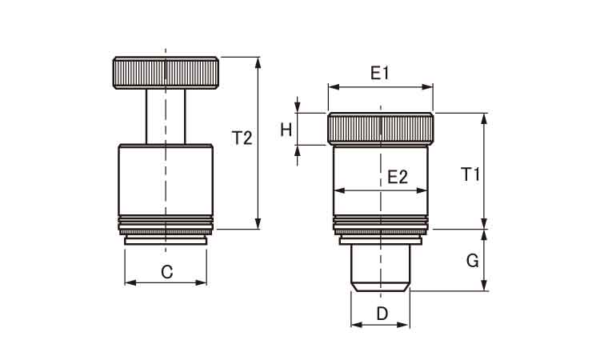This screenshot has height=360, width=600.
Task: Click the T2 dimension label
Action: (x=242, y=138)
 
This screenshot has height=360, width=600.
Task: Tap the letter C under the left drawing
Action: (x=167, y=272)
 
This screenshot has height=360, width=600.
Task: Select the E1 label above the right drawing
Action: (x=380, y=73)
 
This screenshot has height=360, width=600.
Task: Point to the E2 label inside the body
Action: (x=398, y=177)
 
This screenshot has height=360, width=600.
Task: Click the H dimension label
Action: (x=286, y=130)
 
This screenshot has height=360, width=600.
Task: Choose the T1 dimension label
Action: (x=470, y=174)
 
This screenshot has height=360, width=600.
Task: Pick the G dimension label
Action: (x=473, y=262)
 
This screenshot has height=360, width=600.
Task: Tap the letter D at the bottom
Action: (x=382, y=314)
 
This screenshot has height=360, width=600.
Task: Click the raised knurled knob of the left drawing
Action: (x=166, y=73)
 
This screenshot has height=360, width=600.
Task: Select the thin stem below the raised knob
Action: (x=166, y=117)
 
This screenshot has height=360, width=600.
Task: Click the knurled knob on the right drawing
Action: (x=380, y=129)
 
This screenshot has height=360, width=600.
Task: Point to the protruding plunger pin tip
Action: (x=380, y=268)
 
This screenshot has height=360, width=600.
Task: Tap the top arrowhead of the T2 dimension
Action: (x=258, y=62)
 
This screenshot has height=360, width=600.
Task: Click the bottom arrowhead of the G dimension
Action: (x=484, y=286)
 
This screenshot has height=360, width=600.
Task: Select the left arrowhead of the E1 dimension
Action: (x=334, y=87)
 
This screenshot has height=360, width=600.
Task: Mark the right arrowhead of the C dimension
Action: (x=201, y=282)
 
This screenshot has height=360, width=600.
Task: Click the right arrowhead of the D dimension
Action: (x=403, y=325)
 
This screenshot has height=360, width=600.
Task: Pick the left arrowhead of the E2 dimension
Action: (x=339, y=190)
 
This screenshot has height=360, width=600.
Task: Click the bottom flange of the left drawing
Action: (x=166, y=241)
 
